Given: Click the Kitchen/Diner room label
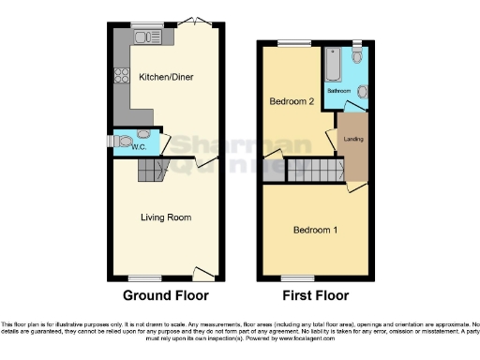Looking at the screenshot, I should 166,77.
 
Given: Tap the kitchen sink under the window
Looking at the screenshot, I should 147,38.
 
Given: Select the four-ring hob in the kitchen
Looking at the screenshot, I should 120,78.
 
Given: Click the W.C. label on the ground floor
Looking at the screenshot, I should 137,147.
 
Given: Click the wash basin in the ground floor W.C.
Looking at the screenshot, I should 142,134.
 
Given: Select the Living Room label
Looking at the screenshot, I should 166,217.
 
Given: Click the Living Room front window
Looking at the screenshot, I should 144,277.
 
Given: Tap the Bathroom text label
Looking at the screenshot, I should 337,91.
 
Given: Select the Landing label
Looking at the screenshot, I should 353,141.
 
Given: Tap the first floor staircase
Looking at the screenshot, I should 310,171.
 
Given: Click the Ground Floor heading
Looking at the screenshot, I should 166,295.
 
